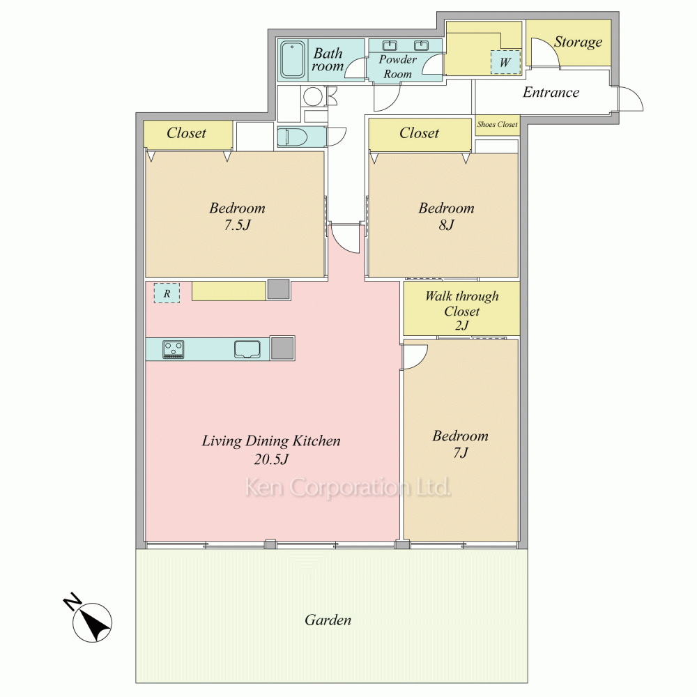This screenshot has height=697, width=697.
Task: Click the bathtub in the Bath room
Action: [x=293, y=60]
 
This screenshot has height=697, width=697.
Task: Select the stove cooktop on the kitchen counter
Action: [x=174, y=349]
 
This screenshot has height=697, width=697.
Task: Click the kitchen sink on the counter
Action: [x=247, y=349]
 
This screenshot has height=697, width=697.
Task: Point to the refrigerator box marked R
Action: [x=167, y=293]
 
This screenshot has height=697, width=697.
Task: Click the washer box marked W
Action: [x=505, y=62]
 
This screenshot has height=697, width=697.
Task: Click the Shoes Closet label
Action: [x=498, y=125]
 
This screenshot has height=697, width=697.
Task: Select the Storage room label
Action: [x=578, y=42]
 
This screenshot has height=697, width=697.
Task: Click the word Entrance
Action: [x=551, y=92]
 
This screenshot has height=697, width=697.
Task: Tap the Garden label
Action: [x=328, y=620]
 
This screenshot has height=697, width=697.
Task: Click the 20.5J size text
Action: [x=271, y=459]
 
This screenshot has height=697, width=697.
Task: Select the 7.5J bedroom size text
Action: [x=237, y=225]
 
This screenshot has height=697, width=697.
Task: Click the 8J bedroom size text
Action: [x=446, y=225]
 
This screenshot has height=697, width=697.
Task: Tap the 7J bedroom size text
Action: [x=461, y=452]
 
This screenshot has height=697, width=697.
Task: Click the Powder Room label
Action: [x=398, y=66]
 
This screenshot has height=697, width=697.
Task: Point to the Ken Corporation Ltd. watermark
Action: [x=348, y=487]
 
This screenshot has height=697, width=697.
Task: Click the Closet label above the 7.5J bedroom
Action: [x=186, y=132]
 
